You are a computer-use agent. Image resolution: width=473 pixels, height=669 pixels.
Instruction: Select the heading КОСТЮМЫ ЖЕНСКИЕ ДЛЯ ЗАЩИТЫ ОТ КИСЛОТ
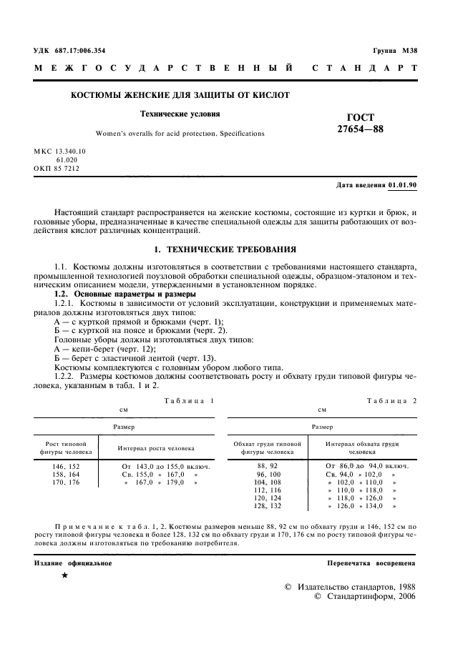(x=179, y=95)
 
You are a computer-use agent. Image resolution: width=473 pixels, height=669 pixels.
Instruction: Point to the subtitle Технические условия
(x=180, y=114)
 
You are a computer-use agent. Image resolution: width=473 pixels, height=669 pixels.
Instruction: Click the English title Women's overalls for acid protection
(x=180, y=133)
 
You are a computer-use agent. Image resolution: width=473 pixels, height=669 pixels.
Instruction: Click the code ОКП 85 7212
(x=57, y=169)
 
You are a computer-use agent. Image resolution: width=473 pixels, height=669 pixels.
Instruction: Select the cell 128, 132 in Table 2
(x=266, y=506)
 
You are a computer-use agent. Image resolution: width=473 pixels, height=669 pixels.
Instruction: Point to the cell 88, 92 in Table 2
(x=266, y=466)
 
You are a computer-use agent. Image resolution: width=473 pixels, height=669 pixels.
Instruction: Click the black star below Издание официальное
(x=64, y=575)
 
